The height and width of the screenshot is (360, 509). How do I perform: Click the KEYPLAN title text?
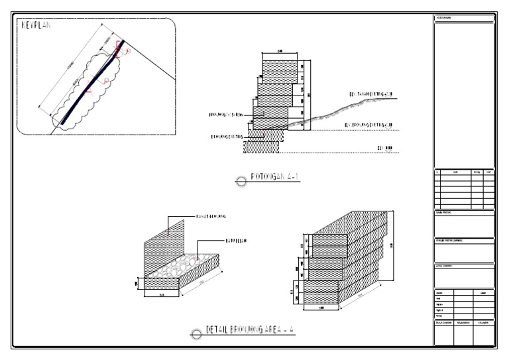[x=36, y=25]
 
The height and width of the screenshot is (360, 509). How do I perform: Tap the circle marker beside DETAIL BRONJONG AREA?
[x=196, y=333]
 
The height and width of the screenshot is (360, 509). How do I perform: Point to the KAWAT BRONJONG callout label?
[x=211, y=217]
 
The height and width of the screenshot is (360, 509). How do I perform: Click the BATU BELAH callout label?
[x=236, y=241]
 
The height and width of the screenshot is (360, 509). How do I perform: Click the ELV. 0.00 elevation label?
[x=386, y=147]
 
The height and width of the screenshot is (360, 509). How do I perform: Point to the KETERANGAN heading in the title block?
[x=443, y=18]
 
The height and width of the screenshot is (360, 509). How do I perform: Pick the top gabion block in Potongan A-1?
[x=280, y=67]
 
